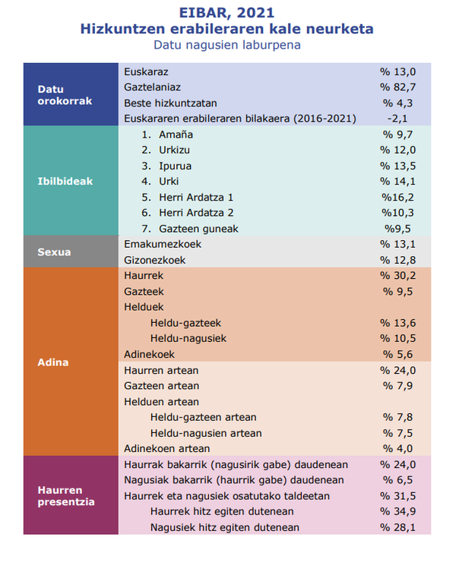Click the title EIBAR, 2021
coord(226,13)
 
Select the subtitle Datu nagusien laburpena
coord(227,46)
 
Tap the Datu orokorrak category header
coord(65,95)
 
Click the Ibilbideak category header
coord(65,181)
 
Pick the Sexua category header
coord(54,251)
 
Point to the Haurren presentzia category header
coord(66,495)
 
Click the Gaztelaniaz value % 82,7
coord(397,87)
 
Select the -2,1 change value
coord(397,119)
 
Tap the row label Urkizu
coord(174,150)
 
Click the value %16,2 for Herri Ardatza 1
coord(397,197)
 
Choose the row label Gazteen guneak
coord(198,229)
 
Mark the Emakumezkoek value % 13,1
coord(397,244)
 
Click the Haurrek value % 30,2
coord(397,275)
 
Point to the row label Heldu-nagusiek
coord(188,338)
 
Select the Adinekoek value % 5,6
coord(397,354)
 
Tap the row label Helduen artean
coord(161,401)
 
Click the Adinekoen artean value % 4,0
coord(397,448)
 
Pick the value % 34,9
coord(397,511)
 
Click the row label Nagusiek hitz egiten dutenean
coord(225,527)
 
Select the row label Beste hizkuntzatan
coord(170,103)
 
